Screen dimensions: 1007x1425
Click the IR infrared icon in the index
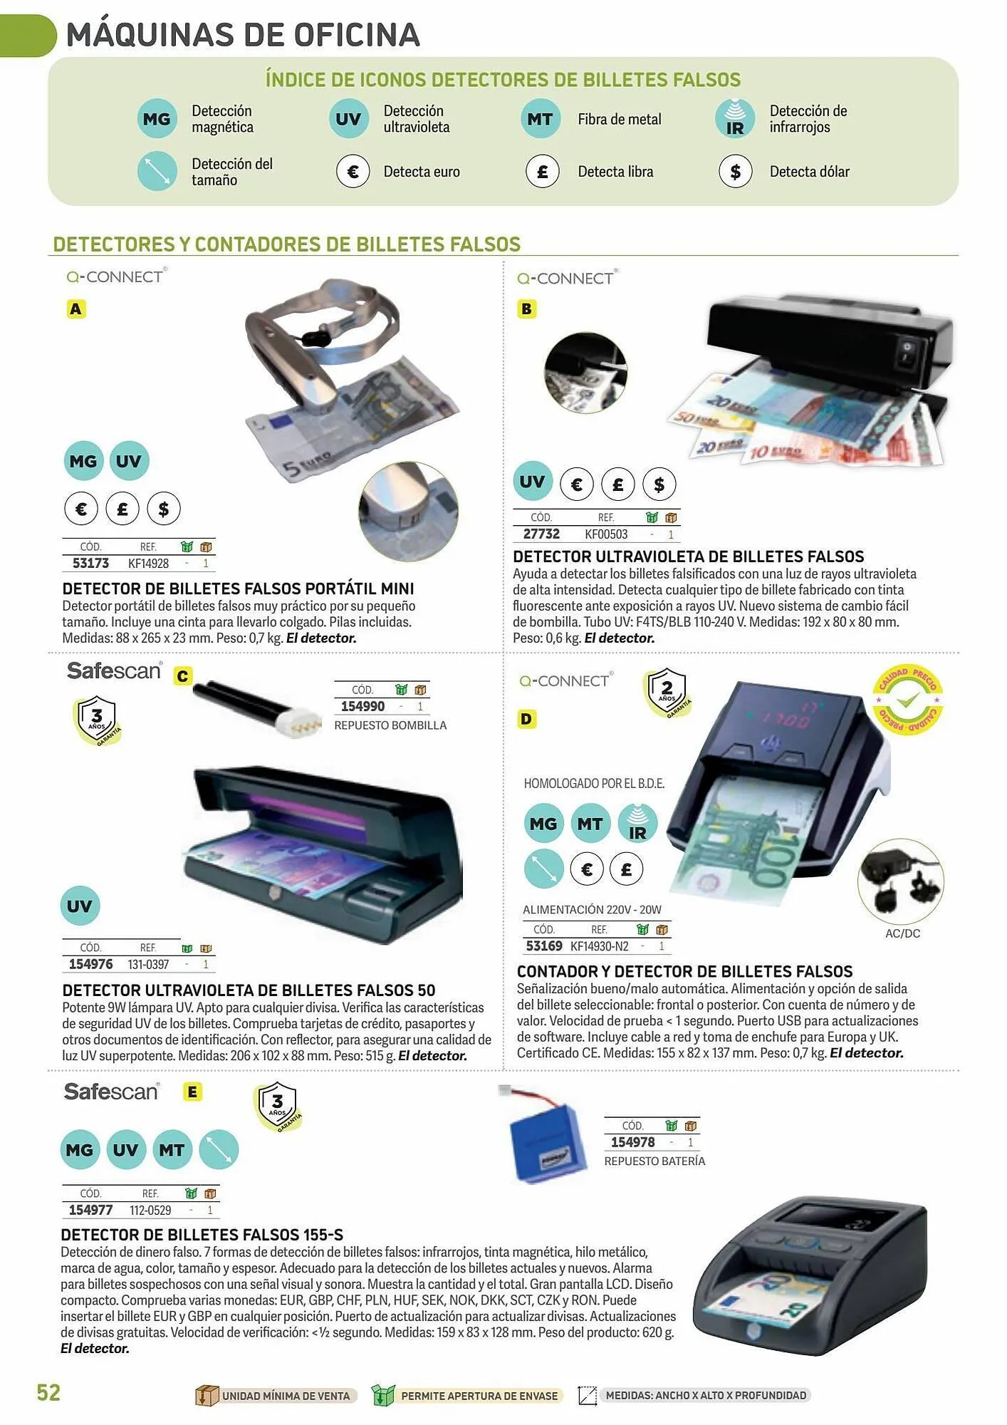(x=734, y=118)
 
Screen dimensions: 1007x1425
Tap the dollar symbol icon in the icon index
(x=735, y=172)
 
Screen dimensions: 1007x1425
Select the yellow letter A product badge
(x=76, y=309)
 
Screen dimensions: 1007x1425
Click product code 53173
(x=90, y=564)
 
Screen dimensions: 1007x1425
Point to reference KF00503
(x=606, y=534)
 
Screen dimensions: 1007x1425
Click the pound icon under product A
(x=122, y=509)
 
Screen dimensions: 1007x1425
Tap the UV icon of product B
(x=532, y=482)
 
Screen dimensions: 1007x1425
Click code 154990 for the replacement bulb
(x=362, y=707)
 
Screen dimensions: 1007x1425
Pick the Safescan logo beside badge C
(x=114, y=670)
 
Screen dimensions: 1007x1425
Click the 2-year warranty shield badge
(x=667, y=691)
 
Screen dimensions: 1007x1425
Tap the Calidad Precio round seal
(x=907, y=700)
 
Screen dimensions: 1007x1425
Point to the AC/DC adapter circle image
(x=901, y=881)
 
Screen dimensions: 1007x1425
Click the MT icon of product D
(x=590, y=824)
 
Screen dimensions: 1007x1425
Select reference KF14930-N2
(x=600, y=946)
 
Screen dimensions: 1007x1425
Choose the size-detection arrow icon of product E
(x=219, y=1150)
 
